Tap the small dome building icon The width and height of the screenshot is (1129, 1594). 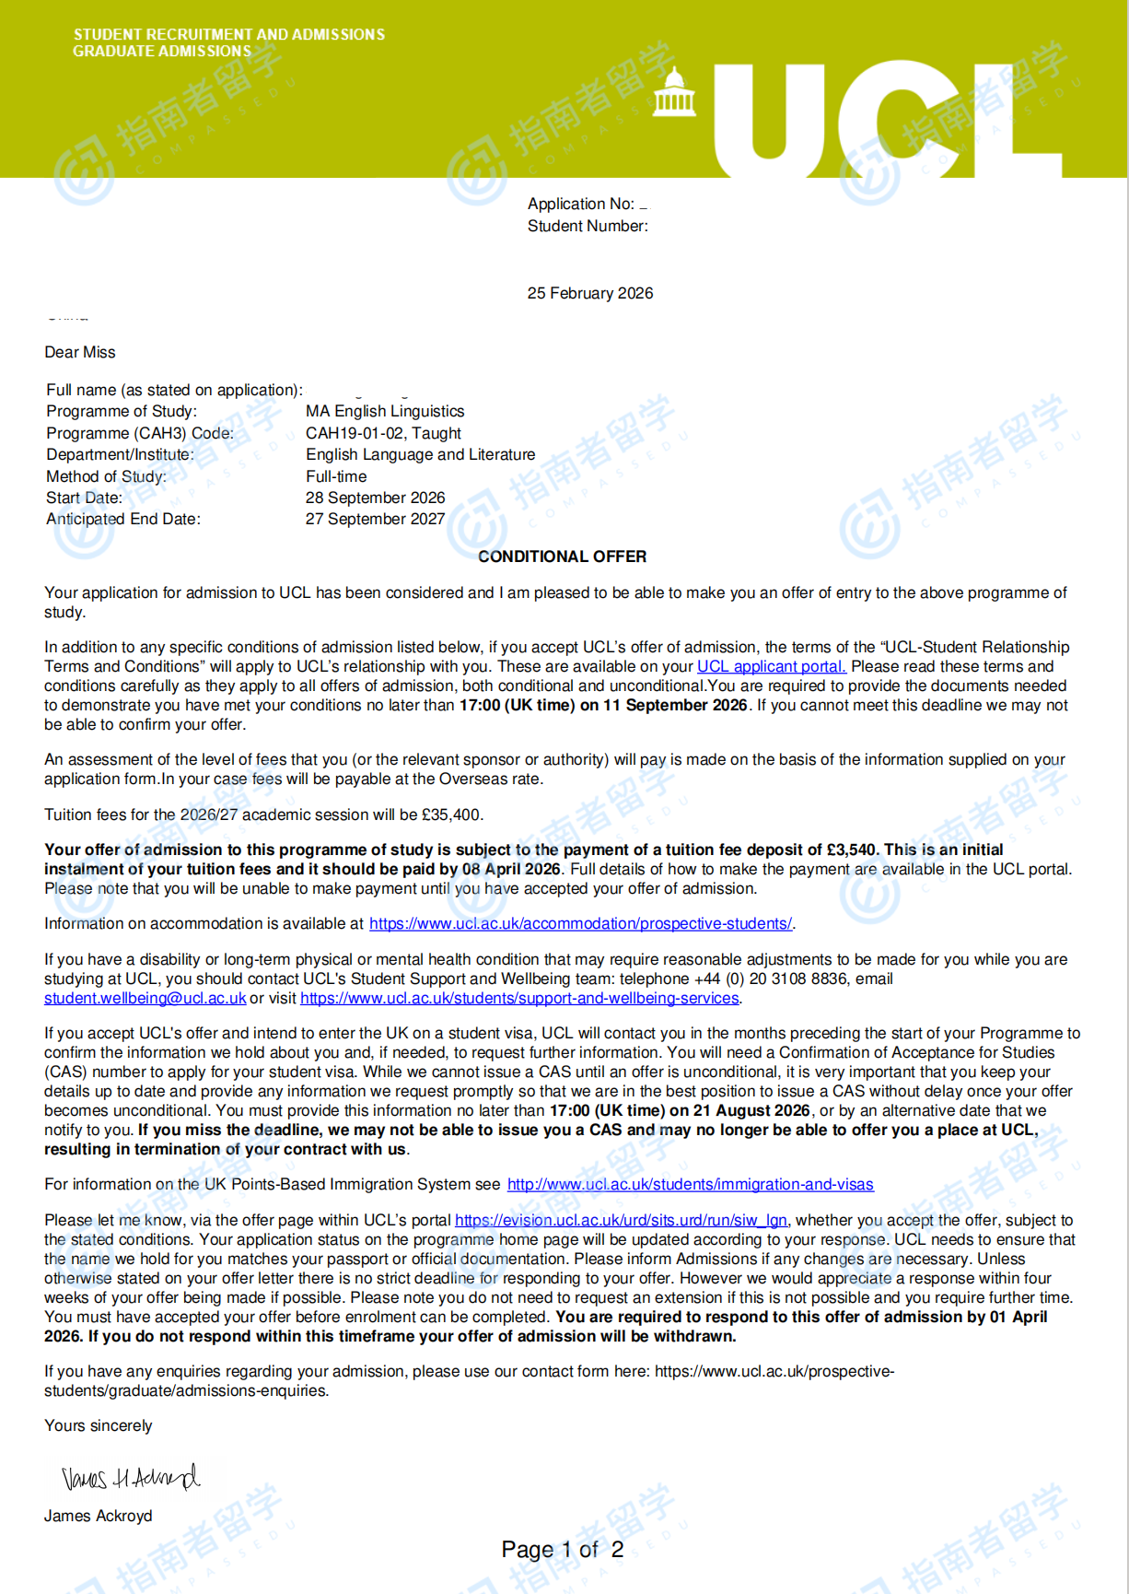coord(674,93)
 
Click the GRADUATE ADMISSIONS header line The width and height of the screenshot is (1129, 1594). coord(162,52)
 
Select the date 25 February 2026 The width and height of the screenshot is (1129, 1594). coord(590,293)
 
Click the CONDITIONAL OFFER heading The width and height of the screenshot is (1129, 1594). coord(562,557)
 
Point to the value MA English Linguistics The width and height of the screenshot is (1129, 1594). coord(385,411)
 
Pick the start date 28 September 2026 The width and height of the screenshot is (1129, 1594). coord(375,498)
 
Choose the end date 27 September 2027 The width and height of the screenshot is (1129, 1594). coord(375,519)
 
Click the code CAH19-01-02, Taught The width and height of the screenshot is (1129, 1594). coord(383,433)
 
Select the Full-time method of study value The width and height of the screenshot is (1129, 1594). coord(336,476)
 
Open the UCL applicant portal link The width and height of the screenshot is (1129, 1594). coord(771,666)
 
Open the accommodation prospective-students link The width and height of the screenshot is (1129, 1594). coord(580,923)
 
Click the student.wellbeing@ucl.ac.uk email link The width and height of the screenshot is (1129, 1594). coord(145,998)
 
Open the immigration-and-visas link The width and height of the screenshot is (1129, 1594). coord(690,1184)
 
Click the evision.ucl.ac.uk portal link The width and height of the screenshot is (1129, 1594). coord(621,1220)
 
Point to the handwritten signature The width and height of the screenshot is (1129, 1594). coord(130,1477)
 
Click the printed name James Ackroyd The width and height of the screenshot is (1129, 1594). coord(99,1516)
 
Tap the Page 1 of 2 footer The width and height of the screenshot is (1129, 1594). coord(562,1550)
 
